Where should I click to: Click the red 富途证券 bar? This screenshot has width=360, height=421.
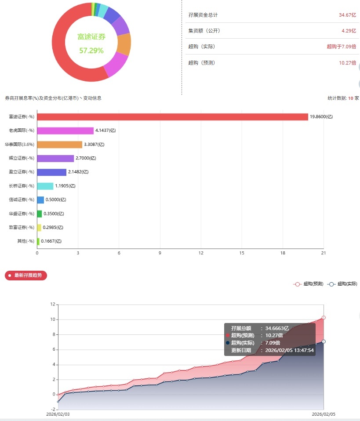tap(172, 117)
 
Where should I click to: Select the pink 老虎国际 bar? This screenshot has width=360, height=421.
tap(65, 131)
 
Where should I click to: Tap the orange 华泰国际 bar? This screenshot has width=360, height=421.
tap(60, 145)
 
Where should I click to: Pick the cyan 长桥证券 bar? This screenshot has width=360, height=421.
tap(45, 186)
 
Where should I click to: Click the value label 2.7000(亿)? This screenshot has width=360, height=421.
tap(86, 158)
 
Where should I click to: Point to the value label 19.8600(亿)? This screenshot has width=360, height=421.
tap(321, 117)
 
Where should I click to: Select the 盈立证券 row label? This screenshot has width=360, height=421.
tap(22, 172)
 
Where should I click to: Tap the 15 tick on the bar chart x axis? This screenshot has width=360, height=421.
tap(242, 253)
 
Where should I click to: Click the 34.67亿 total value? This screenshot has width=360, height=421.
tap(347, 15)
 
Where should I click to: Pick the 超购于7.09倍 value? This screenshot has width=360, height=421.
tap(341, 47)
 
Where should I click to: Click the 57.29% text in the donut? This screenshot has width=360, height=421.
tap(91, 51)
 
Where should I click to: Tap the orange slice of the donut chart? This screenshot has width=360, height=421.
tap(124, 44)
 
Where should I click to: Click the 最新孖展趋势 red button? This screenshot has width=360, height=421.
tap(26, 276)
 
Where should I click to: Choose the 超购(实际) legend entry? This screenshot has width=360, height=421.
tap(342, 284)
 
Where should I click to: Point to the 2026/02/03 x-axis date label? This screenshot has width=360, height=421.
tap(58, 414)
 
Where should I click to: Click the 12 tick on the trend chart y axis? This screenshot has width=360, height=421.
tap(52, 305)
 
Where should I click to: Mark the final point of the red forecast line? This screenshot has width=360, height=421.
tap(324, 317)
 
